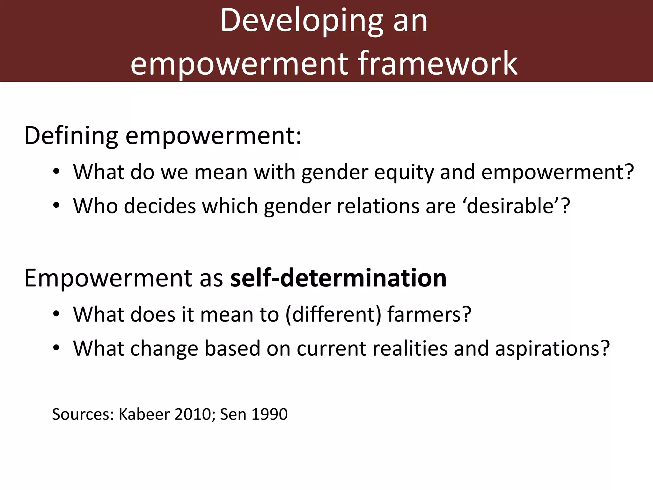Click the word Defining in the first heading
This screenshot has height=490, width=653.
click(x=71, y=136)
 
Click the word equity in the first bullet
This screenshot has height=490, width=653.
click(x=404, y=173)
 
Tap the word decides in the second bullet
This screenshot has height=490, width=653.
click(x=160, y=206)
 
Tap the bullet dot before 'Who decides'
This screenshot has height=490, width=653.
click(x=56, y=205)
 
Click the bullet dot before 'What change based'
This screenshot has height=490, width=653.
click(x=56, y=348)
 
